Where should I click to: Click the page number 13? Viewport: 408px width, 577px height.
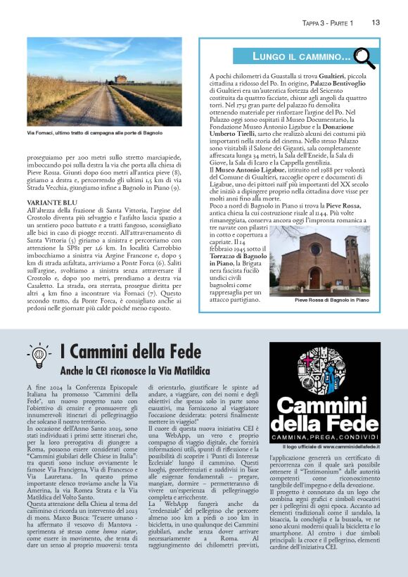pos(376,23)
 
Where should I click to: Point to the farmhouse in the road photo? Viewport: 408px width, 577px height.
pos(122,80)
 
